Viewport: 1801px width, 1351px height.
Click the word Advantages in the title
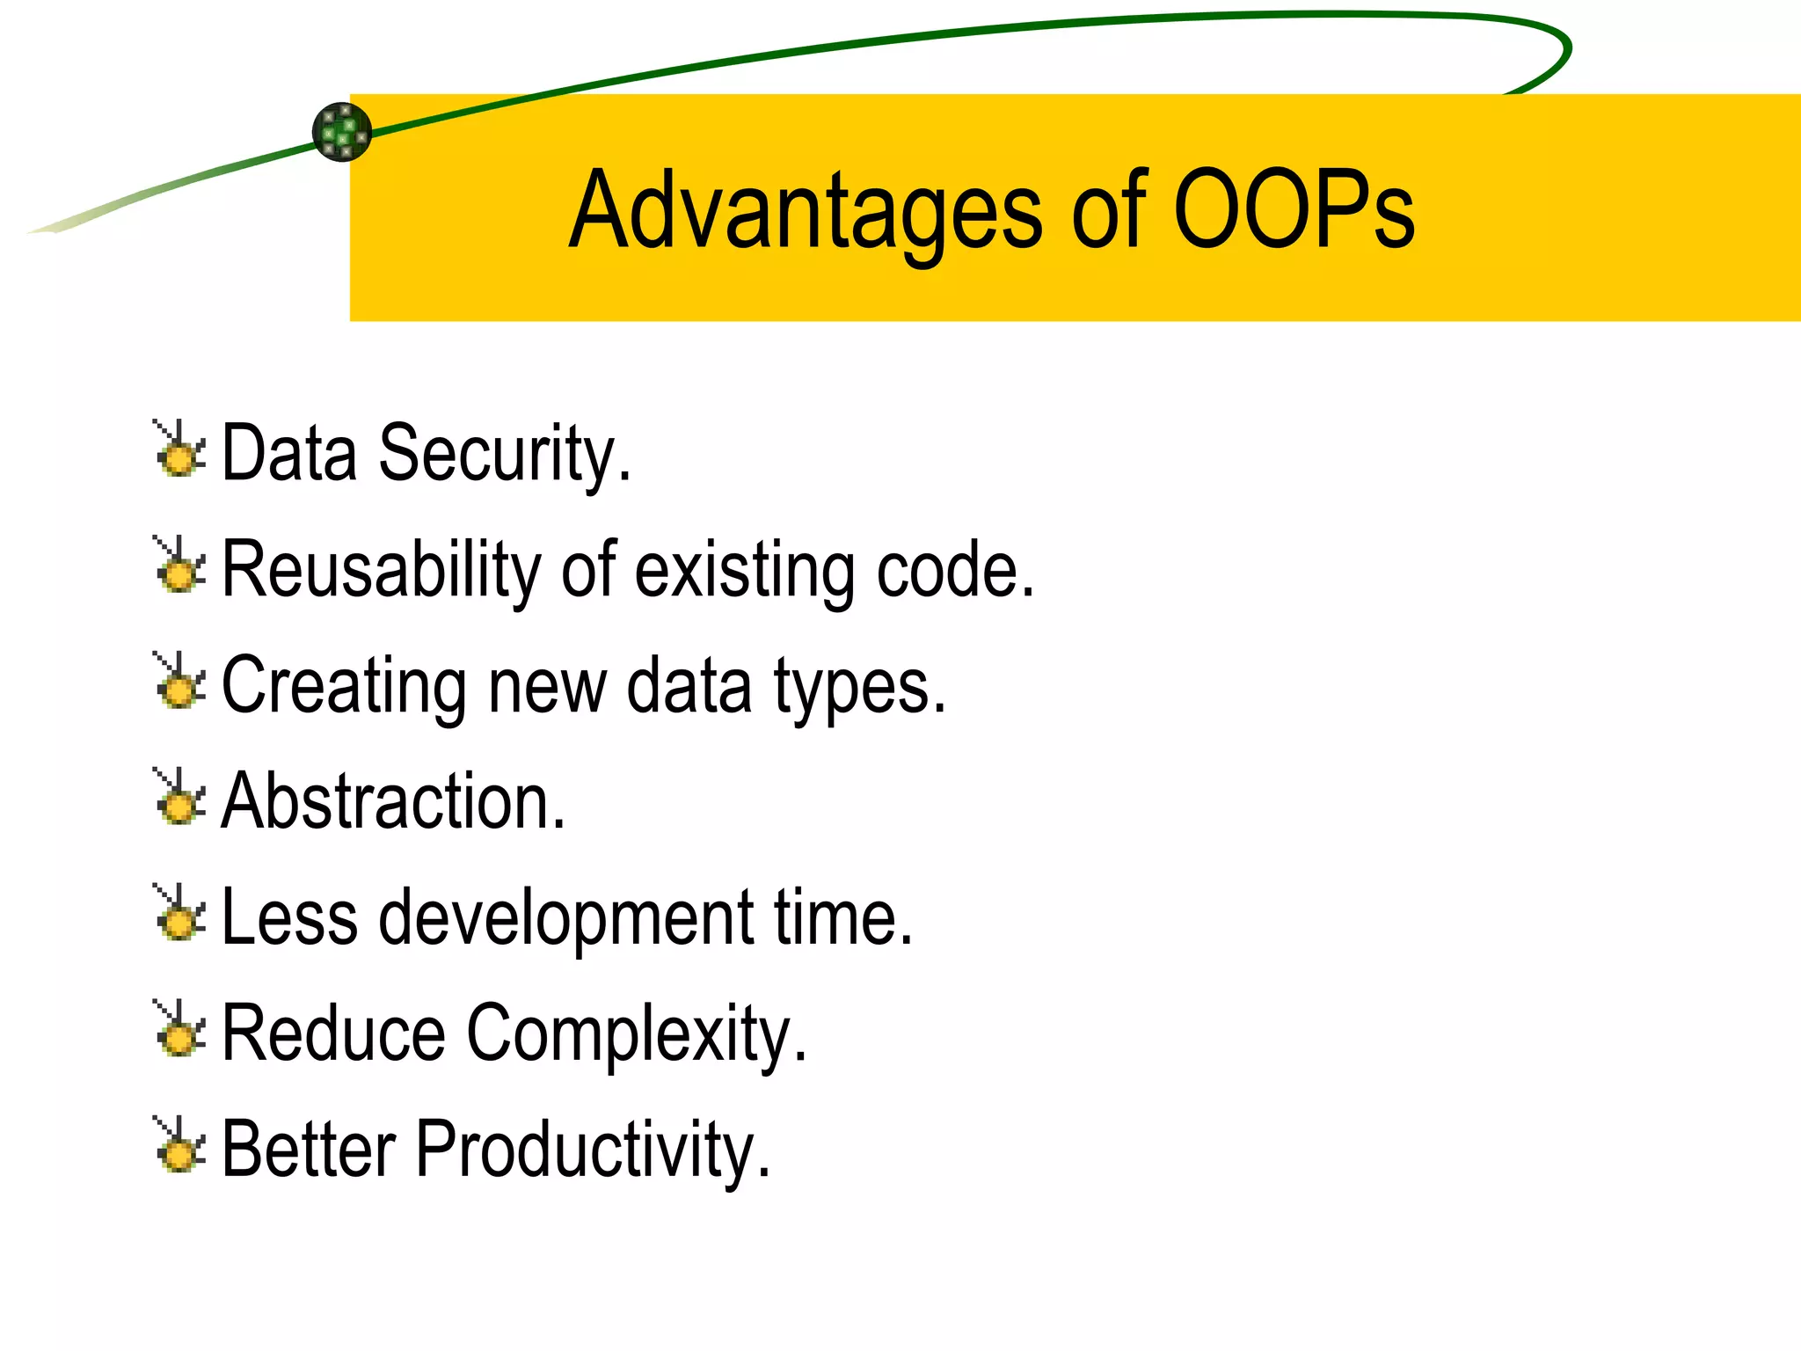click(805, 211)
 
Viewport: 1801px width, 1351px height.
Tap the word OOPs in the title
click(1293, 211)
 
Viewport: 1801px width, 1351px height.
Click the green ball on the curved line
click(342, 132)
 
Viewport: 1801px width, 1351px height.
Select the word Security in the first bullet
click(503, 454)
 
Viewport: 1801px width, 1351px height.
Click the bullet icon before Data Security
click(180, 450)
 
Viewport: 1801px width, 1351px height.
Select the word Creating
click(343, 686)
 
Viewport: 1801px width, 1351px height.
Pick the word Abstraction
click(391, 801)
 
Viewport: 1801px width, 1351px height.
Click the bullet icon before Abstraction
click(180, 798)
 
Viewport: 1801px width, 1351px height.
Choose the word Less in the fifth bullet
click(289, 917)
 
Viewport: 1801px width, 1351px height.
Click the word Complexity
click(635, 1034)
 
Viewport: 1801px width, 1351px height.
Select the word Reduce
click(332, 1033)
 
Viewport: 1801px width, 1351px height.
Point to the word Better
click(308, 1149)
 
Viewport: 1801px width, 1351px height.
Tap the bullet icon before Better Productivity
click(180, 1146)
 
